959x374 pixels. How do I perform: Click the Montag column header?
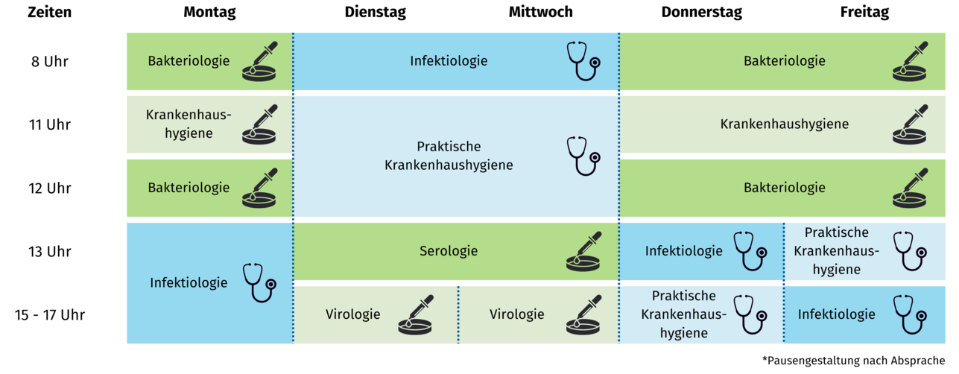point(209,13)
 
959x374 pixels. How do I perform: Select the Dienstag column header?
point(375,13)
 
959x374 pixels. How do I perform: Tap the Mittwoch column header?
point(540,12)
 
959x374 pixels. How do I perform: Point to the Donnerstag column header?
point(702,13)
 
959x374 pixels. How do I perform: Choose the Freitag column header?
point(864,13)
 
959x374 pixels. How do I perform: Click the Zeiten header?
point(50,12)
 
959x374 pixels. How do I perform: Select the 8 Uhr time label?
point(50,62)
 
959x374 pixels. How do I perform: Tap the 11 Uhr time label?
point(50,125)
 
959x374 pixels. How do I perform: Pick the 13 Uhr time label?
point(50,252)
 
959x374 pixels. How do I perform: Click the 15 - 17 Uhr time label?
point(50,315)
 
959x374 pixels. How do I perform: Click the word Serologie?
point(449,251)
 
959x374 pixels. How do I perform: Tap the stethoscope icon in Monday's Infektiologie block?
point(260,282)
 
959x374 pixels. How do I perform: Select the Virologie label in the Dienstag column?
point(352,314)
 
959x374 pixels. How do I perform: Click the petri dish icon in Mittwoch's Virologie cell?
point(583,314)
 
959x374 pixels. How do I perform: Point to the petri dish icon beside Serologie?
point(583,251)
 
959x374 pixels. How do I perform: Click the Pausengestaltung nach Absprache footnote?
point(853,361)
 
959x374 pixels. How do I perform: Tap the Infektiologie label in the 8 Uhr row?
point(449,61)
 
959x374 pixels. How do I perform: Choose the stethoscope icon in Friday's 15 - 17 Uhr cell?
point(910,314)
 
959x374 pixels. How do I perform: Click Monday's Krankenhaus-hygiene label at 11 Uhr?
point(189,124)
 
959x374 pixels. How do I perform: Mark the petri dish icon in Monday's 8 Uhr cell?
point(259,61)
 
